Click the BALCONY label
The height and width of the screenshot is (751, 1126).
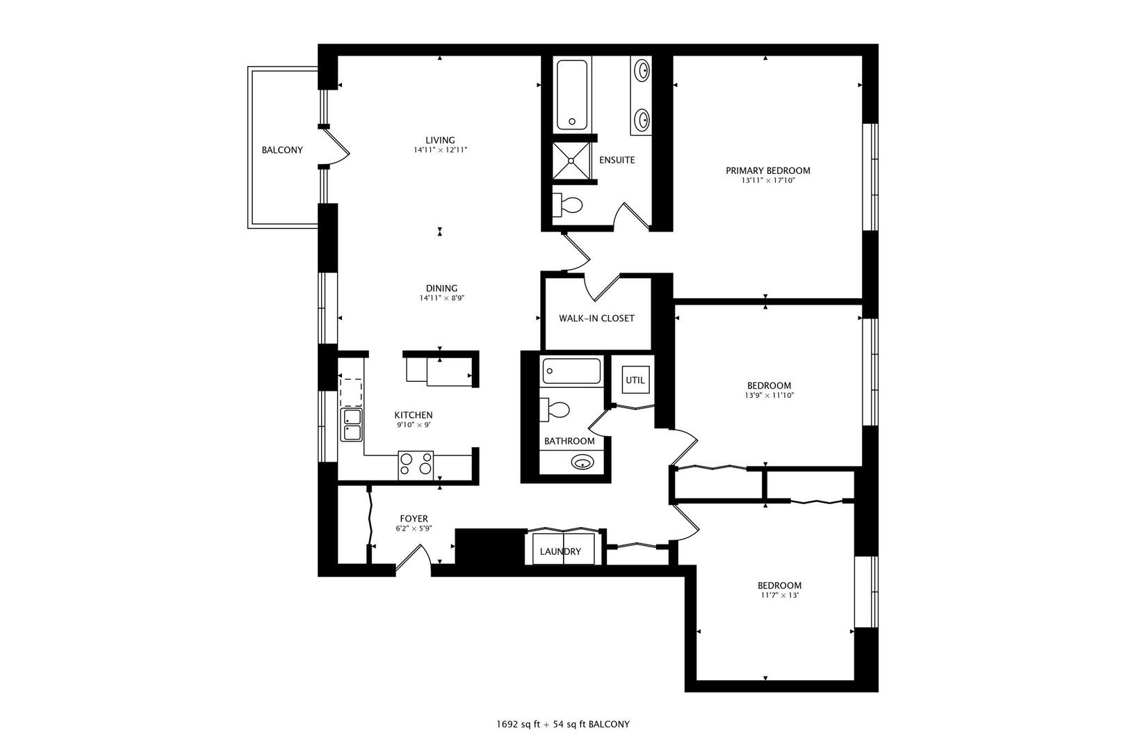pos(282,150)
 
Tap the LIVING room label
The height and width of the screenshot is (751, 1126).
pos(440,140)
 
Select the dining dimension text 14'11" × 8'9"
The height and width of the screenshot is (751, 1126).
pos(442,298)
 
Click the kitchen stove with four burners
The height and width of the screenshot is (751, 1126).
pos(416,465)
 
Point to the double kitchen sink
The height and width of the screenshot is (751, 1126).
pos(351,425)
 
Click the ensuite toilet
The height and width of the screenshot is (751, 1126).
pos(567,204)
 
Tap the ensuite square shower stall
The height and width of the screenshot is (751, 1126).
pos(572,161)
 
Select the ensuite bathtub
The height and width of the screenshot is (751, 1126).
pos(572,95)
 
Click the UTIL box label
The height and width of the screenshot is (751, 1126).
pos(635,380)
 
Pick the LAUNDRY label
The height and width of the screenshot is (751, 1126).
pos(560,551)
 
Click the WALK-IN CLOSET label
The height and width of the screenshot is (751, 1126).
pos(596,318)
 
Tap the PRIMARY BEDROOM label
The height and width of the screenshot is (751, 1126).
pos(767,170)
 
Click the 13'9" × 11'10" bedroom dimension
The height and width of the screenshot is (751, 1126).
pos(769,396)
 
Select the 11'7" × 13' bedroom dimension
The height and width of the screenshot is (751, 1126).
pos(780,595)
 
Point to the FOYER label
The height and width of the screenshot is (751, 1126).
pos(414,519)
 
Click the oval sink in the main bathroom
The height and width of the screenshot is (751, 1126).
pos(582,462)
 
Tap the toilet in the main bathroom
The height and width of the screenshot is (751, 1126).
pos(555,410)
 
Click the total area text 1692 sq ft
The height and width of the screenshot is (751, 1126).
pos(519,725)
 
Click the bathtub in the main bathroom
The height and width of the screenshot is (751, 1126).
pos(571,371)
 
